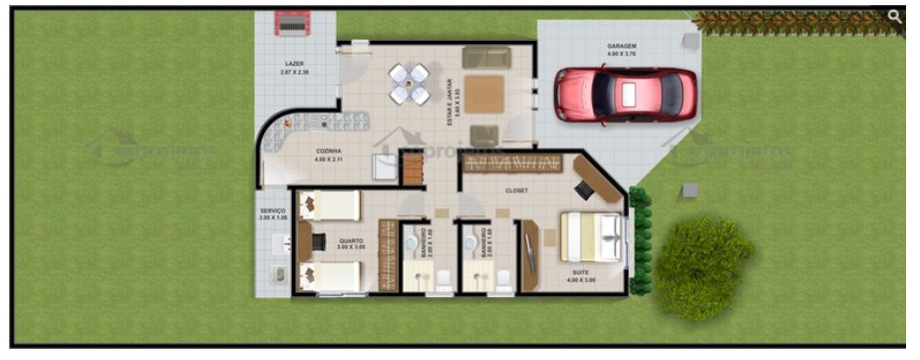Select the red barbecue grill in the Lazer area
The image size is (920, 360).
tap(293, 22)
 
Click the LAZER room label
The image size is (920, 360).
tap(295, 63)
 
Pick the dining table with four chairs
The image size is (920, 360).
tap(409, 84)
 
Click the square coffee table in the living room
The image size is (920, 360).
tap(483, 95)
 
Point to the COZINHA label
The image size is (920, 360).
tap(329, 150)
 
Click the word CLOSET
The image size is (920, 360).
tap(516, 189)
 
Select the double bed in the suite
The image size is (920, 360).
tap(591, 238)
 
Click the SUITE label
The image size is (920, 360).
tap(581, 272)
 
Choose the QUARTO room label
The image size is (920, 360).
tap(350, 239)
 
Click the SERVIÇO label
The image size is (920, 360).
tap(273, 210)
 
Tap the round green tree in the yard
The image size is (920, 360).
tap(704, 264)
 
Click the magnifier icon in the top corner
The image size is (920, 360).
tap(895, 15)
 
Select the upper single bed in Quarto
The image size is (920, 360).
tap(330, 205)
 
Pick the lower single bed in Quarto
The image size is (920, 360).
tap(330, 277)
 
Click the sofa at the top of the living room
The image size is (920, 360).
tap(486, 57)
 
